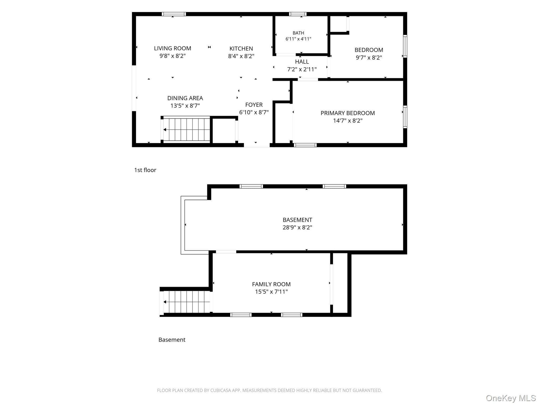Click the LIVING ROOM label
pos(172,48)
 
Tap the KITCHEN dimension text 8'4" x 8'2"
pos(241,56)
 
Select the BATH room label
pos(298,33)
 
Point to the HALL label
pos(302,62)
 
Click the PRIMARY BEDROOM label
pos(348,113)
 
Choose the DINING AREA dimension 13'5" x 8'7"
pos(185,106)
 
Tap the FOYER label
pos(254,105)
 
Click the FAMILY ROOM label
pos(271,284)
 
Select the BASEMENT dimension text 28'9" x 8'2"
pos(297,228)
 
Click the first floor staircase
pos(187,130)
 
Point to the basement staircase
pos(187,302)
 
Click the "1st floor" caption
pos(145,170)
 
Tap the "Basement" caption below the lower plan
pos(172,340)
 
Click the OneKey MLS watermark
pos(511,398)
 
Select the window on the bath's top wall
pos(298,14)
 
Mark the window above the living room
pos(174,14)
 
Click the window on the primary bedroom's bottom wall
pos(305,145)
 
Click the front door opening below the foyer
pos(257,145)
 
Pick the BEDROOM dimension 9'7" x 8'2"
pos(369,58)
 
